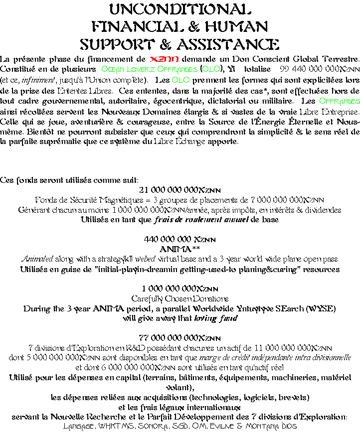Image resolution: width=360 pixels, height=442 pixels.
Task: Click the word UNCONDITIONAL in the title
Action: (180, 9)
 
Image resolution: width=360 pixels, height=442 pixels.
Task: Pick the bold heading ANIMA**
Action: (180, 249)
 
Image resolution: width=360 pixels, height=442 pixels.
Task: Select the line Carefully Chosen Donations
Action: (180, 298)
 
